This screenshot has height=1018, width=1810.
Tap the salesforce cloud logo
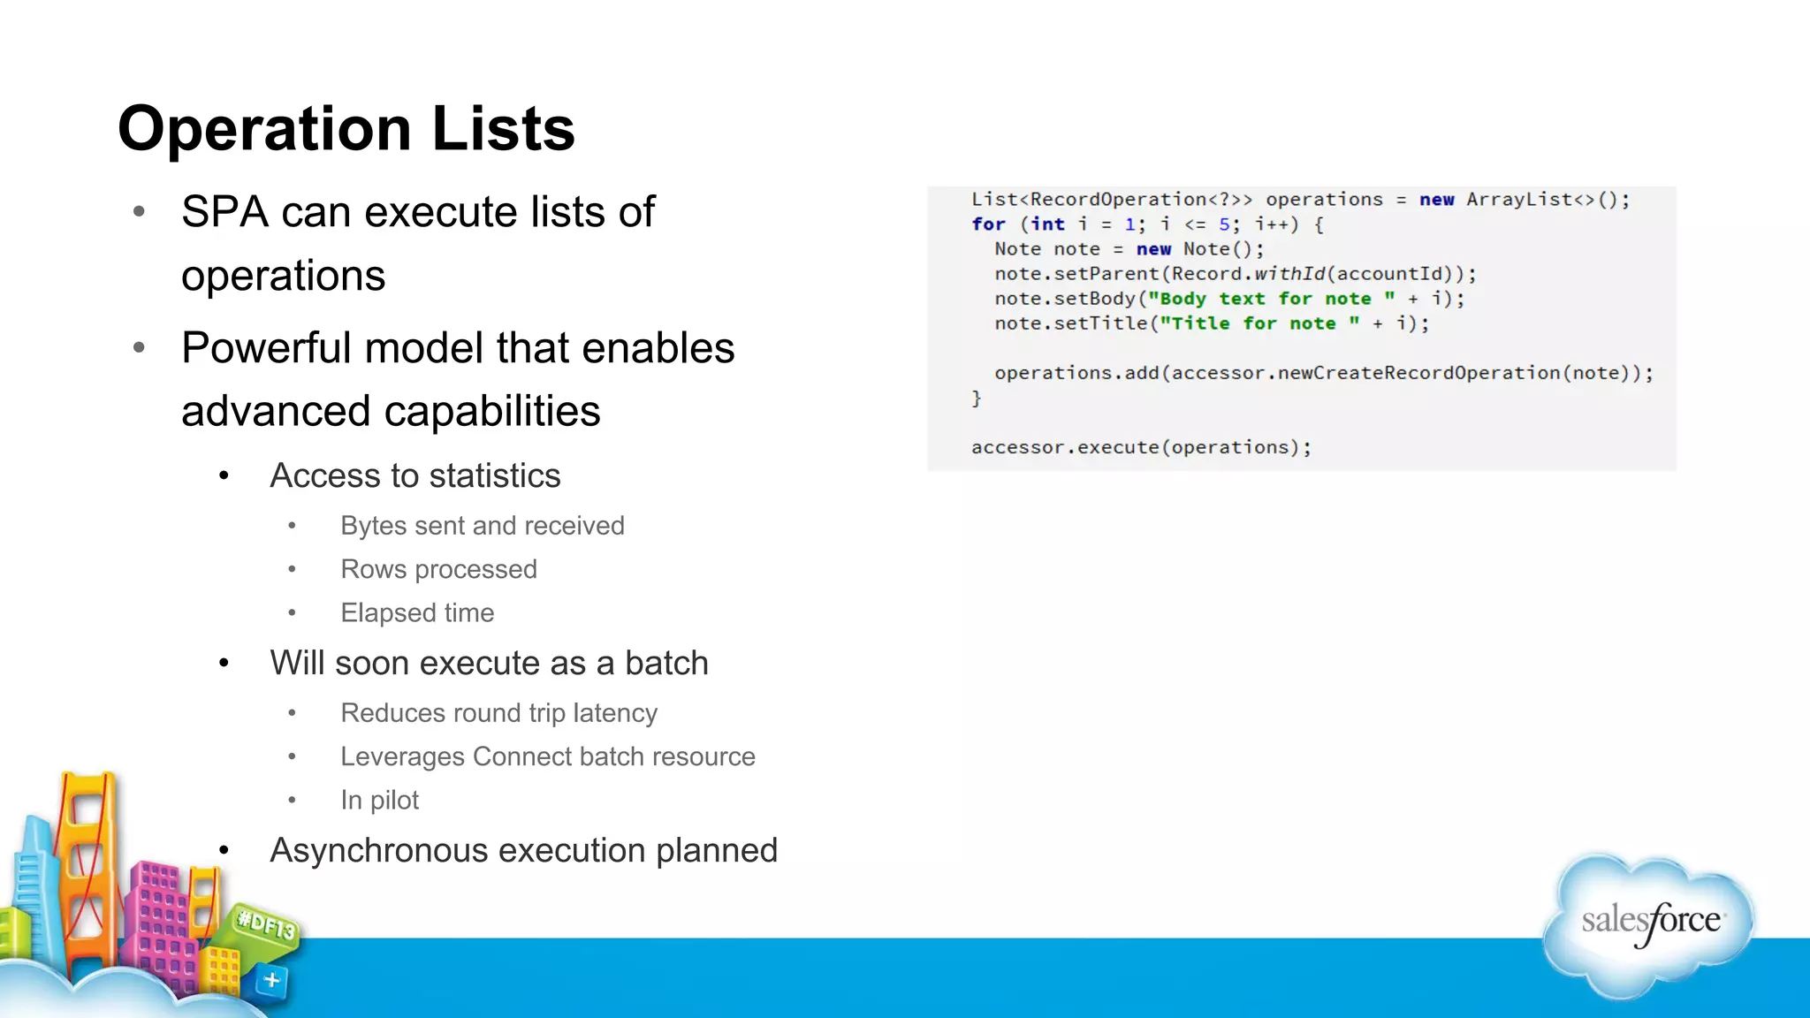[1649, 923]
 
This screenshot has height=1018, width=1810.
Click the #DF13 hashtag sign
[266, 925]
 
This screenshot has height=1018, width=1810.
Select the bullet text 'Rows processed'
[438, 569]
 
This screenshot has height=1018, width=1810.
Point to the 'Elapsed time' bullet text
[417, 612]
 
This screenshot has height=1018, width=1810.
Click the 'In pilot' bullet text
[379, 800]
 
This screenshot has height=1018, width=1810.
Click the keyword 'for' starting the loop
[988, 224]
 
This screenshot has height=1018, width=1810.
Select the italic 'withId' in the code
[1289, 274]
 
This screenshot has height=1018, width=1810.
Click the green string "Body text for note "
[1271, 299]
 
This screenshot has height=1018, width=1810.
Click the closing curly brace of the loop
[977, 399]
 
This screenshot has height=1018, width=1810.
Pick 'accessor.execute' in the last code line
[1065, 447]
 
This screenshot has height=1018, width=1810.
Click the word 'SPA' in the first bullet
[224, 212]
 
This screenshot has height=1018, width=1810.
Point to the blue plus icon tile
[271, 980]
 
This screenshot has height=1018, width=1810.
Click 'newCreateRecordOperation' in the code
[1418, 373]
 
